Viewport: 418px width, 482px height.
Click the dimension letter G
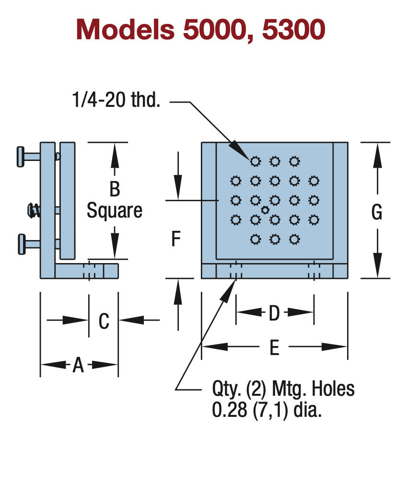[377, 212]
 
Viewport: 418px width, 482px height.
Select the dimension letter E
[274, 348]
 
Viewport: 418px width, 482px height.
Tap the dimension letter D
[274, 313]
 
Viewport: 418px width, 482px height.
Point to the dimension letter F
[175, 239]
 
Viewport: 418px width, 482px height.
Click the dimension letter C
[104, 321]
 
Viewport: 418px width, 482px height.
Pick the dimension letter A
[78, 365]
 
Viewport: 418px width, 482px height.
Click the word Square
[115, 211]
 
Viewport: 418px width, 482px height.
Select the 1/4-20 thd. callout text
[116, 100]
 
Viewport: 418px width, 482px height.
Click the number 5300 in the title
[294, 30]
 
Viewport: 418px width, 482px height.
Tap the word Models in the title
[126, 30]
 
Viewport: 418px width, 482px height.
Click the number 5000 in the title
[215, 30]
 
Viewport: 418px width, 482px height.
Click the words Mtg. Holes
[313, 389]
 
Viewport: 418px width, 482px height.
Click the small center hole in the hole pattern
[265, 210]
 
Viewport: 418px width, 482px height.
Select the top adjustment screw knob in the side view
[21, 157]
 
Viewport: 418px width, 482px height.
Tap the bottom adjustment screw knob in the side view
[22, 244]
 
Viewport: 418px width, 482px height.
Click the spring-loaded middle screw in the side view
[34, 210]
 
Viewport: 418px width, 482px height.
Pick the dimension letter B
[115, 189]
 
